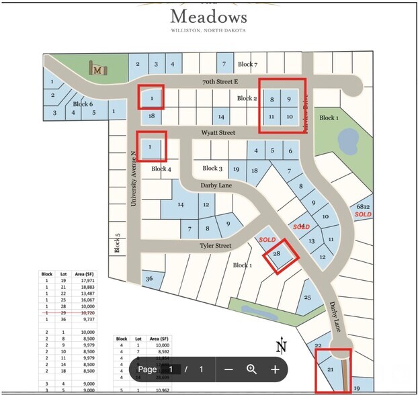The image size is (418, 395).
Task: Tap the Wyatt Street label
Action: (x=217, y=133)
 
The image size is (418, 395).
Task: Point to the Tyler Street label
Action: (x=214, y=246)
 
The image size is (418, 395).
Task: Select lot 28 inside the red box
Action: (x=276, y=254)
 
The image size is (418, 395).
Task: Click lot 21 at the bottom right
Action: (x=330, y=369)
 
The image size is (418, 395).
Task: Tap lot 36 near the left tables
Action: (x=149, y=279)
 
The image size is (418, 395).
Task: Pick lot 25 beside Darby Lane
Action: (x=308, y=298)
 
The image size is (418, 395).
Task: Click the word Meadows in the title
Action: (x=208, y=16)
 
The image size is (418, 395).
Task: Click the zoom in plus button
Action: (x=275, y=369)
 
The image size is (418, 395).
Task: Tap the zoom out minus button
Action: (x=228, y=369)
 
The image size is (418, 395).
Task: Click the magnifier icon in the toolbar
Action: (x=251, y=369)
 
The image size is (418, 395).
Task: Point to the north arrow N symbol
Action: (x=282, y=347)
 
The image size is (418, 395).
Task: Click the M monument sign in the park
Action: (x=98, y=68)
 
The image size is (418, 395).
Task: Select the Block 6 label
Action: (x=83, y=104)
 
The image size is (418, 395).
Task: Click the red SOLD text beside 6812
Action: (x=363, y=214)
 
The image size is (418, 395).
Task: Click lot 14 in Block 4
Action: (x=180, y=204)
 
